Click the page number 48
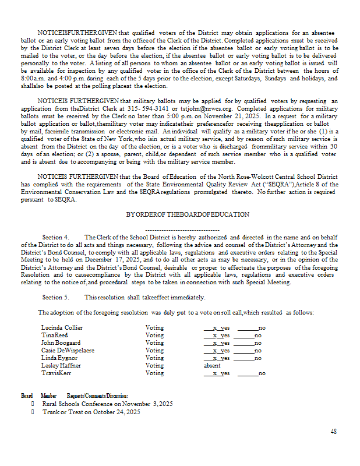pos(333,432)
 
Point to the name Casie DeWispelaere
pos(68,351)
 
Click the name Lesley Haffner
pos(61,366)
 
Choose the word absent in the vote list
pos(212,366)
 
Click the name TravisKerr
pos(57,373)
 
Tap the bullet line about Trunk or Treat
pos(91,412)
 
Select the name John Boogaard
pos(61,343)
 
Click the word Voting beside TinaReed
pos(154,336)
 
